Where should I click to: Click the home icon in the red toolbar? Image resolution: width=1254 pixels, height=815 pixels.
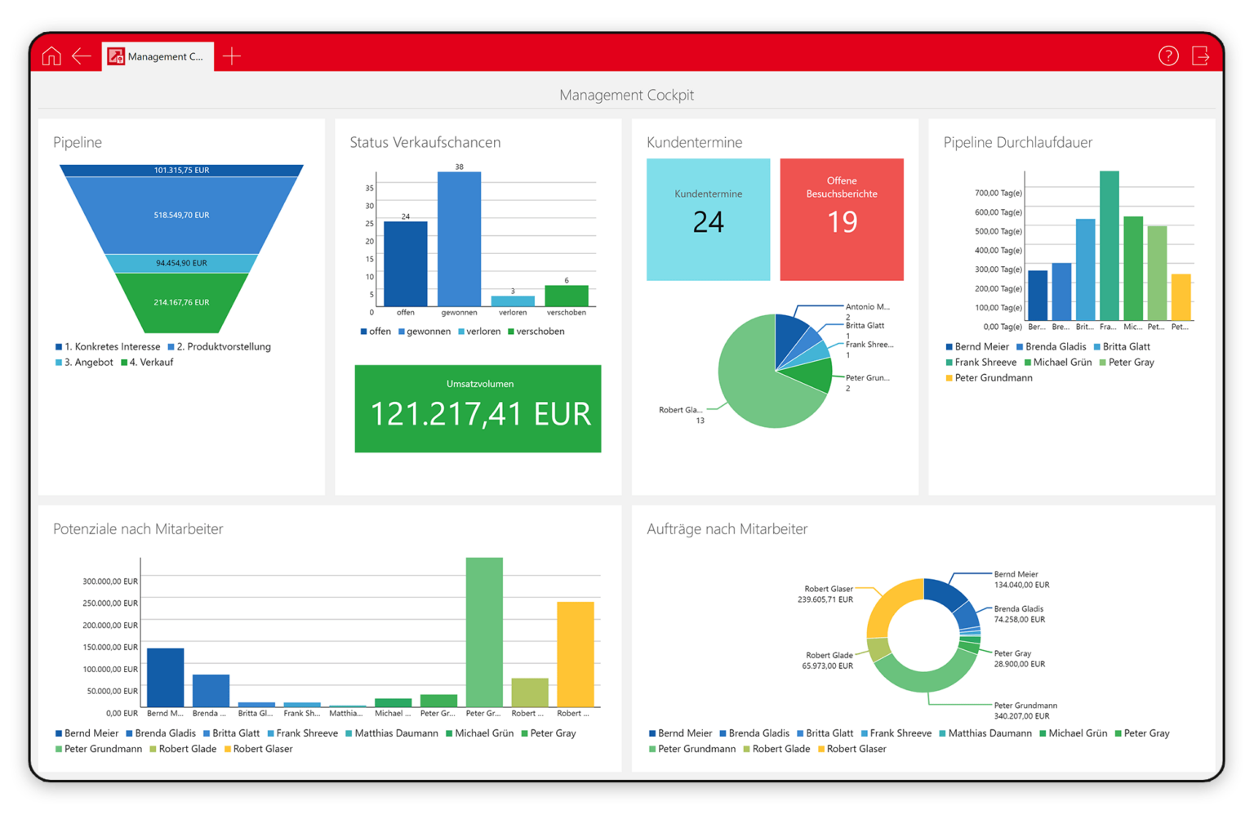(51, 56)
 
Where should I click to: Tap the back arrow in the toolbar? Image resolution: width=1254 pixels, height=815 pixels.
(82, 56)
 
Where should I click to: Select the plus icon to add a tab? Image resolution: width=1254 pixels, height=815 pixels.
(232, 56)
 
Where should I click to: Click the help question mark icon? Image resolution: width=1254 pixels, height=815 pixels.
(1168, 56)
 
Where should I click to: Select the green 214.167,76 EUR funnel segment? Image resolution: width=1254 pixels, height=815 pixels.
(181, 303)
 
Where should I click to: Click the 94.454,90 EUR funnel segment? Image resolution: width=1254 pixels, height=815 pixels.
(181, 263)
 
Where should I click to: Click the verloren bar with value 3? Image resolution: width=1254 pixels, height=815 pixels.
(513, 301)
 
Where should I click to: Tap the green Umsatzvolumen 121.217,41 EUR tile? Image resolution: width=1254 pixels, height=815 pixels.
(478, 408)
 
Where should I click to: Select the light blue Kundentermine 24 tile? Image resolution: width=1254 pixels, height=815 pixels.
(708, 220)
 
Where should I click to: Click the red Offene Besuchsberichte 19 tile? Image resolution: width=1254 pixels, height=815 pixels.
(842, 220)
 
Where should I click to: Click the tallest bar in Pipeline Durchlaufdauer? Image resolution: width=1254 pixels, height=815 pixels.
(1109, 245)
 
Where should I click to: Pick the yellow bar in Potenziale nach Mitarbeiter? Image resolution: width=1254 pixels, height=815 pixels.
(575, 653)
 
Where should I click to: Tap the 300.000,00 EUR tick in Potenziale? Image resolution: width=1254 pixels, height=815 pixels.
(110, 581)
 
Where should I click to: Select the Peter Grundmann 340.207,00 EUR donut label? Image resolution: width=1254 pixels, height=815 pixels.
(1025, 710)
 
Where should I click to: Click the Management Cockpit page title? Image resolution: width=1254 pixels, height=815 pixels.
(626, 95)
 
